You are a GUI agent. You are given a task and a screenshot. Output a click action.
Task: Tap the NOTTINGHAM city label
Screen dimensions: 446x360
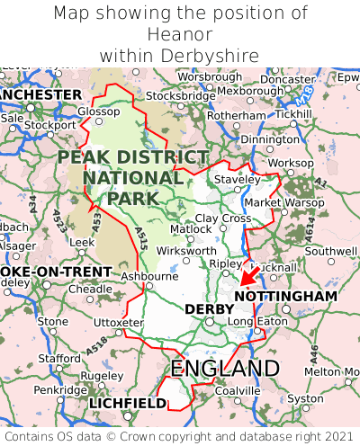[x=285, y=296]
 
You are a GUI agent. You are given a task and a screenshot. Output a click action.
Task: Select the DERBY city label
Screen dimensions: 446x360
[x=209, y=309]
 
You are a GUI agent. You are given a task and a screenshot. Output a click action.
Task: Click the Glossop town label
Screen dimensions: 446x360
[x=98, y=111]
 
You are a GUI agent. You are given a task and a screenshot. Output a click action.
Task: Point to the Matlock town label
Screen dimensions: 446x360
[x=190, y=229]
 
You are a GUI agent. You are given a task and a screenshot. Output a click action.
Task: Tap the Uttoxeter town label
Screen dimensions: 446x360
[x=118, y=322]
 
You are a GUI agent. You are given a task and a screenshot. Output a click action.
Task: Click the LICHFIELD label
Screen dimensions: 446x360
[x=128, y=404]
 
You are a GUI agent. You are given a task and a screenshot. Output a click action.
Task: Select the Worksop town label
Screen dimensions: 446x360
[x=292, y=163]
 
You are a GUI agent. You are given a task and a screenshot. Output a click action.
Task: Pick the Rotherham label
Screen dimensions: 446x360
[x=237, y=116]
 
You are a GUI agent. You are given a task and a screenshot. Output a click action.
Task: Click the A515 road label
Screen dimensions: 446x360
[x=141, y=239]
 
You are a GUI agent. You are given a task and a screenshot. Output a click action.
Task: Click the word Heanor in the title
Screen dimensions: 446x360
[x=179, y=34]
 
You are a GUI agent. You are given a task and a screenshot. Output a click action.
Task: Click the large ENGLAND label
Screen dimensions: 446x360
[x=224, y=369]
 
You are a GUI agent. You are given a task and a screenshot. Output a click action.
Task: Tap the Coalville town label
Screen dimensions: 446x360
[x=238, y=390]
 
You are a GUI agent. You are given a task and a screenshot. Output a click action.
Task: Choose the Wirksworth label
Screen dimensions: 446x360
[x=186, y=251]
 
